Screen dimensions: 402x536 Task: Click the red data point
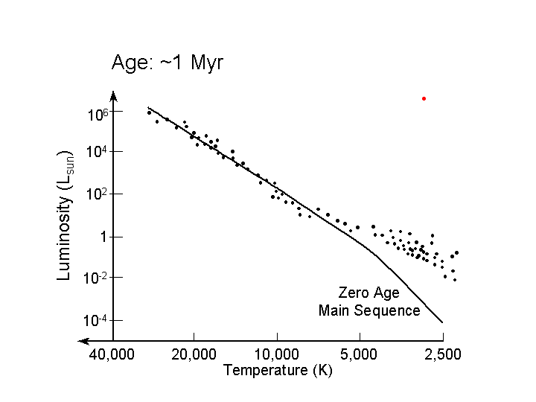tap(424, 98)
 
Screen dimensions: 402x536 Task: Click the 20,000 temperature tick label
tap(194, 354)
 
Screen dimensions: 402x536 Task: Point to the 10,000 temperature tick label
tap(277, 354)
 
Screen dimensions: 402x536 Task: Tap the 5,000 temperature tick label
tap(360, 354)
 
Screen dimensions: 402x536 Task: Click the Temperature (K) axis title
tap(278, 370)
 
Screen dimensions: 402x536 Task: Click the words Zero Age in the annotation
tap(368, 293)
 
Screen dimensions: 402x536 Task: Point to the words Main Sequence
tap(368, 310)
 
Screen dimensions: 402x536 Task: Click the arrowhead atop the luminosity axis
tap(113, 95)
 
